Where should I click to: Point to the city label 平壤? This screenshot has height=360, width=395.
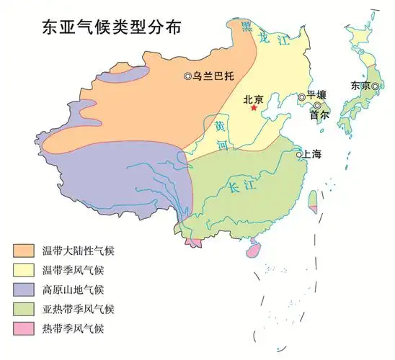pyautogui.click(x=317, y=96)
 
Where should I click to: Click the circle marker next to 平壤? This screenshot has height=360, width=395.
pyautogui.click(x=302, y=97)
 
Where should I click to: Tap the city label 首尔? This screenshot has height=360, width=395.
pyautogui.click(x=320, y=114)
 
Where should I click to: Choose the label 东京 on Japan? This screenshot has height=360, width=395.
pyautogui.click(x=360, y=85)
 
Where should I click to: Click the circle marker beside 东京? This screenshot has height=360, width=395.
pyautogui.click(x=376, y=86)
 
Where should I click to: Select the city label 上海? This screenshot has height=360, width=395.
pyautogui.click(x=313, y=154)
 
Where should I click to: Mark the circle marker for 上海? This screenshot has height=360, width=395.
pyautogui.click(x=298, y=154)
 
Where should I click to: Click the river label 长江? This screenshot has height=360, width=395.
pyautogui.click(x=237, y=189)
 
